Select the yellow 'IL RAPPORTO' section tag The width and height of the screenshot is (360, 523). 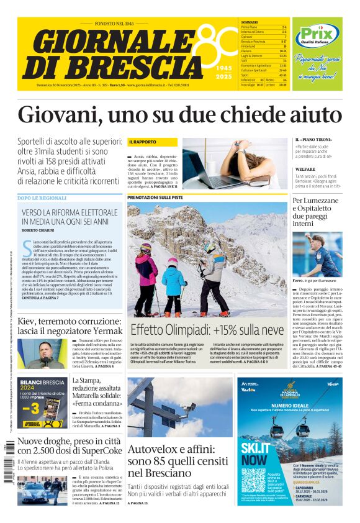coord(143,142)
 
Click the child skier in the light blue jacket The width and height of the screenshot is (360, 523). coord(173,280)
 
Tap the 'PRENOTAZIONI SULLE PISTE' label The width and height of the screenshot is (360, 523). coord(155,197)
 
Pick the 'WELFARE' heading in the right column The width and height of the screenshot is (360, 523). coord(305,169)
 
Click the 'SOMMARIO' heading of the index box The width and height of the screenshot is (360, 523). coord(250,22)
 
